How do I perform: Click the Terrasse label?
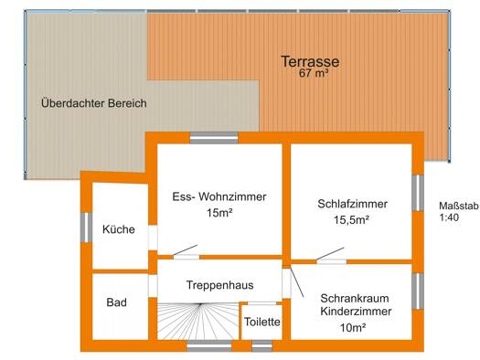tap(310, 61)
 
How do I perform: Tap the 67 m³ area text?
tap(314, 74)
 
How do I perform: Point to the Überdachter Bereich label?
tap(94, 103)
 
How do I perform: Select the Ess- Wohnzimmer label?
tap(219, 196)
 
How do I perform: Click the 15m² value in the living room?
tap(219, 213)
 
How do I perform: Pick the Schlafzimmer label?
tap(352, 204)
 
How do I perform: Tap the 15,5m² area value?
tap(351, 219)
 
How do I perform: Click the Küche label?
tap(119, 229)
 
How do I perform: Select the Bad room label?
tap(117, 302)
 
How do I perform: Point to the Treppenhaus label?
tap(219, 285)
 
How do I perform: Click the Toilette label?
tap(262, 322)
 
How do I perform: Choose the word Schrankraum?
tap(355, 298)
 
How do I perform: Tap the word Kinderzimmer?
tap(356, 312)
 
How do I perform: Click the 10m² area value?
tap(353, 328)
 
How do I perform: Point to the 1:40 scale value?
tap(449, 217)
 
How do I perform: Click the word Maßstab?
tap(459, 206)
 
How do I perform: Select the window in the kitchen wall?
tap(87, 228)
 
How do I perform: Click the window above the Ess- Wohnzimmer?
tap(214, 138)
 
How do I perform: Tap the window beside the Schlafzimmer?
tap(418, 193)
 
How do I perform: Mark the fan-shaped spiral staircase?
tap(197, 321)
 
